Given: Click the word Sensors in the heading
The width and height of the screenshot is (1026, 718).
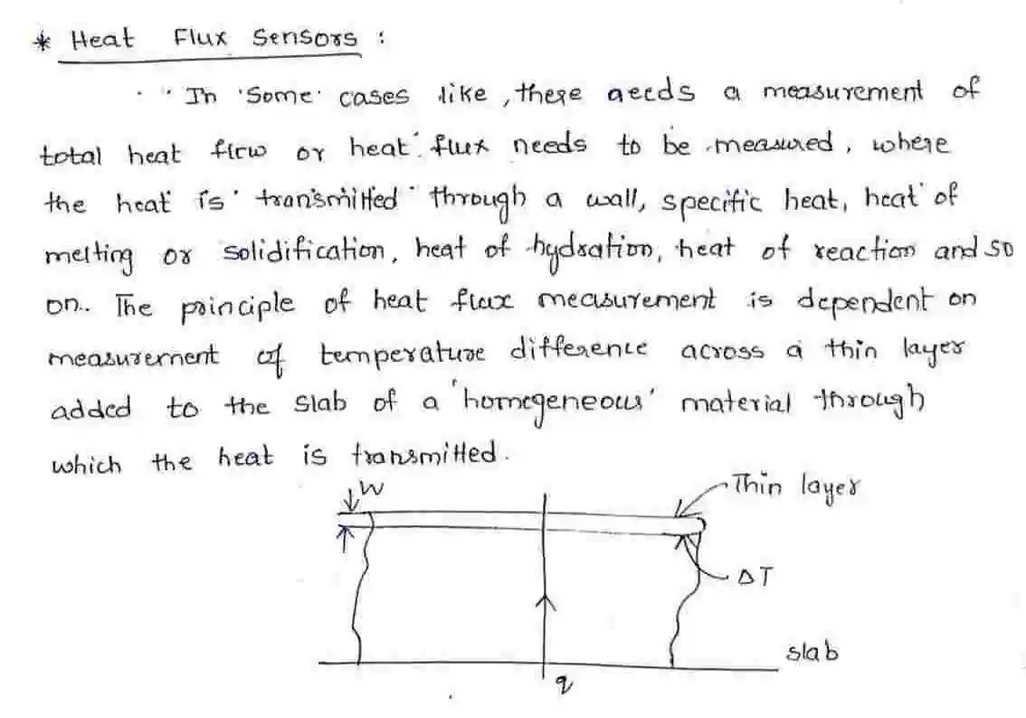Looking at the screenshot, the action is point(305,37).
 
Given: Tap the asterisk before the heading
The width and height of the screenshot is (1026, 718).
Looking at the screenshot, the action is point(43,42).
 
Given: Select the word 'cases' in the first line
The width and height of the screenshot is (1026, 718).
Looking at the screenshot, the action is point(374,97).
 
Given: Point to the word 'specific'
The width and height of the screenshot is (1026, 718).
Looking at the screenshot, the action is point(711,202).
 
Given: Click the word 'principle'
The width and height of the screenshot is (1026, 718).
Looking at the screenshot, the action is point(238,306).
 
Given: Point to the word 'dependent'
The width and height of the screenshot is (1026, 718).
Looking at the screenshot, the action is point(861,302).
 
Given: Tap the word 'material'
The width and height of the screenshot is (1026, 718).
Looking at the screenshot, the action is point(736,403).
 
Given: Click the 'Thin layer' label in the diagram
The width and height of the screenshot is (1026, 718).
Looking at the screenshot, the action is point(796,487).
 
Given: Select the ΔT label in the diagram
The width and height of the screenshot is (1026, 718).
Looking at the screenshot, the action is point(755,577).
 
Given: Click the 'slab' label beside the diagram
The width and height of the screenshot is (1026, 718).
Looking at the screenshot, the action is point(812,653).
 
